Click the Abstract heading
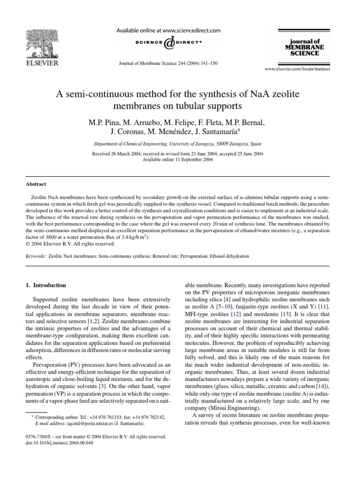point(36,184)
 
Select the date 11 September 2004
point(187,160)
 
